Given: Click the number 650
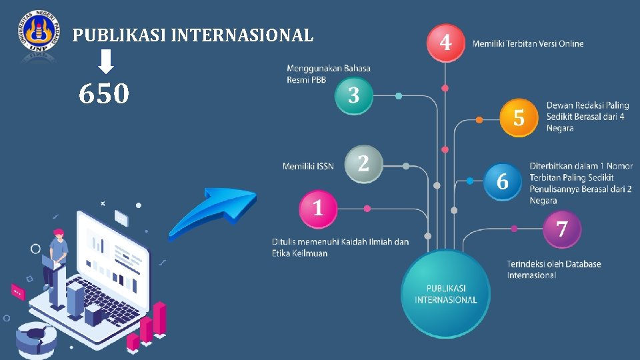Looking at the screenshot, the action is coord(103,95).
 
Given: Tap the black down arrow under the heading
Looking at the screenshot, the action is coord(105,63).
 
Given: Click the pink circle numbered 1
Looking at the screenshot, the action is coord(318,209).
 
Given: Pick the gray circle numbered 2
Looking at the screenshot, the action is coord(363,164).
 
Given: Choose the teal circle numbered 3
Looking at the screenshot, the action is coord(353,95).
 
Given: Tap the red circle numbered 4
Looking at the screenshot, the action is coord(445,43).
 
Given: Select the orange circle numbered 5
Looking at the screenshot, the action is coord(519,118).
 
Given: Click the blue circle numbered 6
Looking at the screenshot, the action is coord(503,181).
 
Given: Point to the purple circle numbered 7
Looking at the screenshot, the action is coord(562,229).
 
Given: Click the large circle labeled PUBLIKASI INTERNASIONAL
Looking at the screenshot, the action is coord(445,294).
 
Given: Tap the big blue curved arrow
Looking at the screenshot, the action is coord(212,211).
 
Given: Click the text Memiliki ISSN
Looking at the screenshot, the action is coord(308,166).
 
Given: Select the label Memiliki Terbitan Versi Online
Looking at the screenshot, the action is coord(528,44).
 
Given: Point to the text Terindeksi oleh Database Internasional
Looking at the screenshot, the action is coord(553,269).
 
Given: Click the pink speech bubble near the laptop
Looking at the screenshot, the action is coord(17,291).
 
